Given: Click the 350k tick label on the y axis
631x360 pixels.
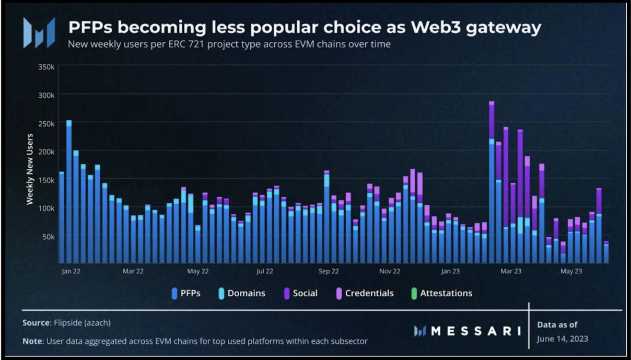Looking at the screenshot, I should click(x=46, y=67).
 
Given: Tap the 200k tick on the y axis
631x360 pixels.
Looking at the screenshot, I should click(x=46, y=152).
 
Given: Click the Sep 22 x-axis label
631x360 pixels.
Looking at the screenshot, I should click(x=328, y=271).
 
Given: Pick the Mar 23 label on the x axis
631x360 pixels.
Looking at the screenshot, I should click(x=511, y=271).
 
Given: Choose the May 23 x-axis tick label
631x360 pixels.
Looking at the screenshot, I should click(x=571, y=271).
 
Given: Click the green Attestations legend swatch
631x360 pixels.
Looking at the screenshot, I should click(x=414, y=293).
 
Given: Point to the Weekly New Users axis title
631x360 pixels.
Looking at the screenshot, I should click(x=30, y=169).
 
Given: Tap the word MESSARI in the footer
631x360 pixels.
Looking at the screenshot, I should click(x=475, y=331).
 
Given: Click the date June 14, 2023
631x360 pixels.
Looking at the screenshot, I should click(x=562, y=339).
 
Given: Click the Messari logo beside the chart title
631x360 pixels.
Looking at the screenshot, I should click(x=39, y=33).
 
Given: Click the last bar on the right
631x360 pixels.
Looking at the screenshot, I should click(x=606, y=252).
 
